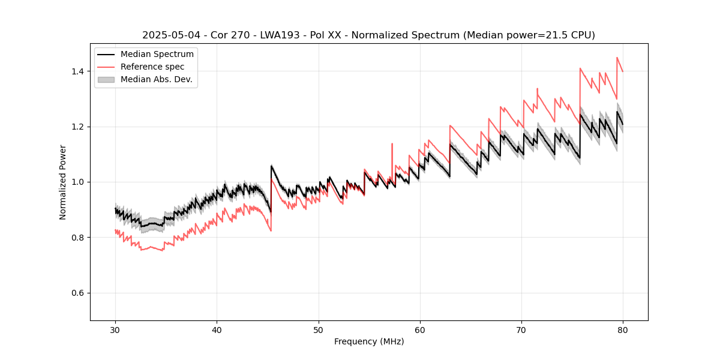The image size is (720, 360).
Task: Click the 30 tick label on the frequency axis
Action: tap(115, 329)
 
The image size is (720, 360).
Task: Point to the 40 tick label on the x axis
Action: tap(217, 329)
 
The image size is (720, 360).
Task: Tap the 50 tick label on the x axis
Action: tap(318, 329)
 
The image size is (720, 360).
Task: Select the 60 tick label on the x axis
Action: tap(420, 329)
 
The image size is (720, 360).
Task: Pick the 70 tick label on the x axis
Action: tap(521, 329)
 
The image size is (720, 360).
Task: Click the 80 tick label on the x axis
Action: tap(623, 329)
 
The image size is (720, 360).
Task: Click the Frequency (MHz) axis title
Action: tap(369, 341)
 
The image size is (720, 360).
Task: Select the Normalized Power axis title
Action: tap(63, 182)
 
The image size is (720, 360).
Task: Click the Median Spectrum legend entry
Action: tap(157, 55)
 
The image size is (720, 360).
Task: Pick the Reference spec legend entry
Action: tap(152, 67)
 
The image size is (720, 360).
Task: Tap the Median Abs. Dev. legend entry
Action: tap(156, 79)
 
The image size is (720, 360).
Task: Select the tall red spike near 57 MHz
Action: tap(392, 144)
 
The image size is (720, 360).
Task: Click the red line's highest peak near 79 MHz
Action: tap(617, 58)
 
